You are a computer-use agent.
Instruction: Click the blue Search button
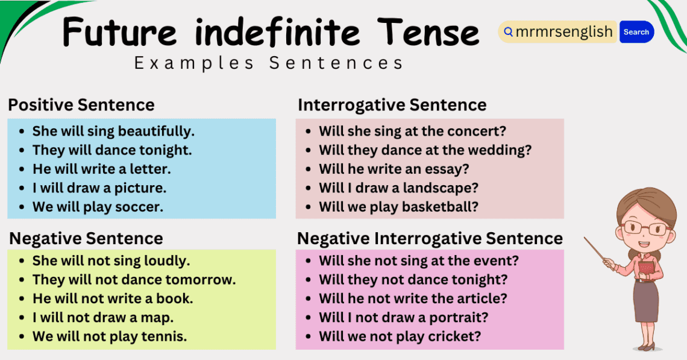click(636, 32)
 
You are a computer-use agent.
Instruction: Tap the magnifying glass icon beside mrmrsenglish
click(508, 32)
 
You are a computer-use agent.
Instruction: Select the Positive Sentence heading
click(81, 105)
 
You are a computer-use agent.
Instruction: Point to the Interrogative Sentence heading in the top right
click(392, 105)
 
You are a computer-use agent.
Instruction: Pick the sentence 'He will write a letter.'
click(101, 169)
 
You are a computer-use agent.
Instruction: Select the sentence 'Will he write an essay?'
click(394, 169)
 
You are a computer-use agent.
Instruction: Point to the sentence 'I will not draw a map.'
click(102, 317)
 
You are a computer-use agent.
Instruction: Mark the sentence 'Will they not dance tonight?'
click(413, 280)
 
